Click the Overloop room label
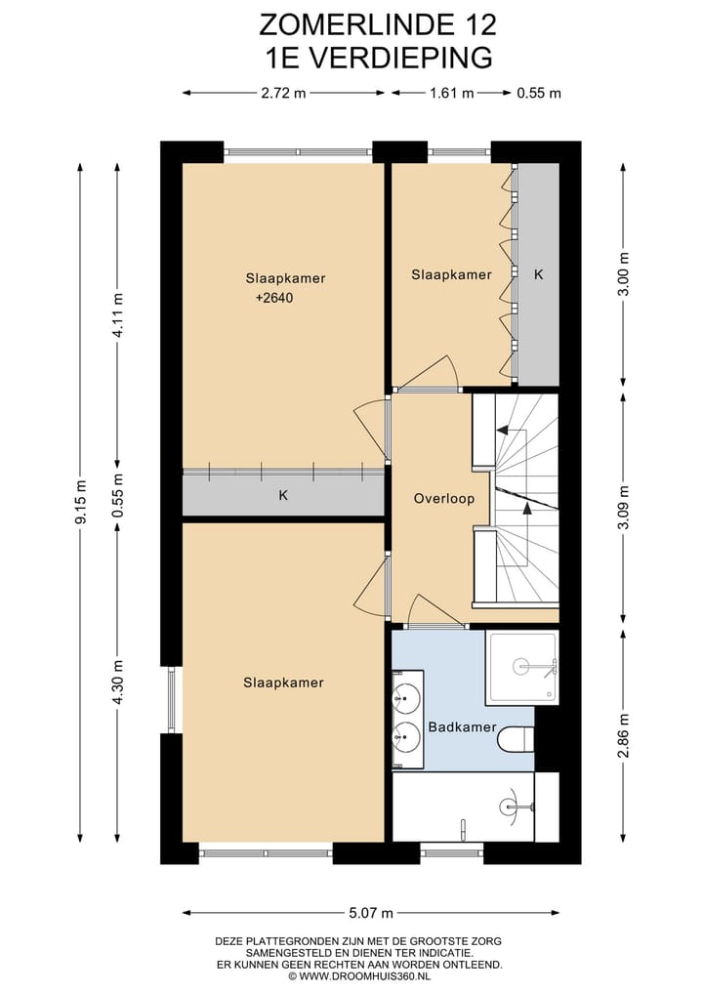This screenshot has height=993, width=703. coord(444,498)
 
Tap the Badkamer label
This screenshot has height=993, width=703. coord(463,727)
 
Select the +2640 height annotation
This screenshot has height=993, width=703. coord(274,298)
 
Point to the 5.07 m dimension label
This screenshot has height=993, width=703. coord(371,913)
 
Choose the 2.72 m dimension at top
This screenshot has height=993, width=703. coord(283,93)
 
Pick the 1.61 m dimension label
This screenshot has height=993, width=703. coord(451,93)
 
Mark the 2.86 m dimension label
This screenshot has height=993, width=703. coord(624,735)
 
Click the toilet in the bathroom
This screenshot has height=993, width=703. coord(517,740)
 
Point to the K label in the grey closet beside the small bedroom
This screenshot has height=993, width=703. coord(538,274)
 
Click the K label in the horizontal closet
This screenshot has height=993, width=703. coord(283,495)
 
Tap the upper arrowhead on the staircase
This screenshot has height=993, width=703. coord(502,430)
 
